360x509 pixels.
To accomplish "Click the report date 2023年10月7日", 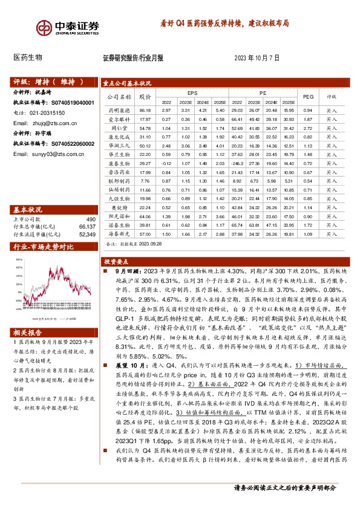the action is click(257, 59).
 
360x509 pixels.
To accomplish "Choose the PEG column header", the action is click(308, 96).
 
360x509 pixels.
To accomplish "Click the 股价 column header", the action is click(144, 96).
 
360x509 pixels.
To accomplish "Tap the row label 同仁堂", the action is click(119, 128).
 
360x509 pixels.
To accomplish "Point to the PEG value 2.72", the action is click(308, 128).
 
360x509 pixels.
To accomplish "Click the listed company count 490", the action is click(91, 219).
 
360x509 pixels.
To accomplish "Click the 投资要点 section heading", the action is click(116, 247).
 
